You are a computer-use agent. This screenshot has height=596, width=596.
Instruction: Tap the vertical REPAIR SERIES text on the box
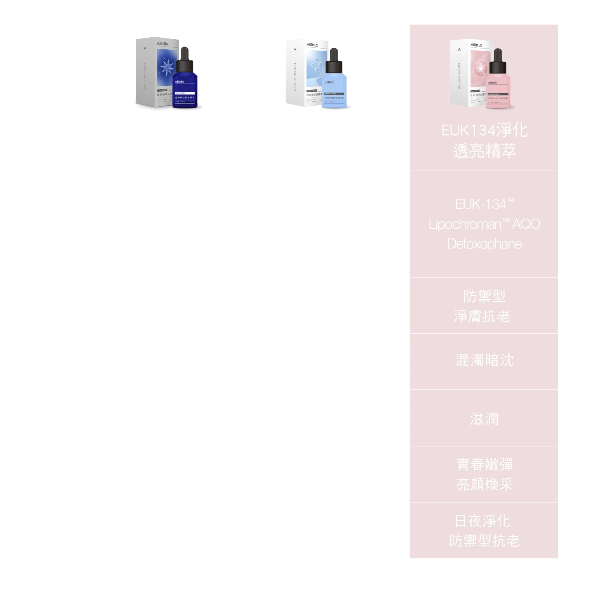tap(295, 77)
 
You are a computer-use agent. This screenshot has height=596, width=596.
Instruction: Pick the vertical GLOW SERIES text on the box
tap(459, 76)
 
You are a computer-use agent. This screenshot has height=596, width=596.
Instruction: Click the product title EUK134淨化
tap(484, 130)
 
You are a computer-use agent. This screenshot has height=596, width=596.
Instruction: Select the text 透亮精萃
tap(484, 151)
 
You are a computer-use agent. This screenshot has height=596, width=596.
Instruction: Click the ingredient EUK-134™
tap(484, 204)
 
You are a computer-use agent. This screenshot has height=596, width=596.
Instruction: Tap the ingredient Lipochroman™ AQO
tap(484, 224)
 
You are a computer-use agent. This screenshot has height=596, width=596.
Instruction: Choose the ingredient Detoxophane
tap(484, 244)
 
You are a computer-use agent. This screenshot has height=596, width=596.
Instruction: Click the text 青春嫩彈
tap(484, 465)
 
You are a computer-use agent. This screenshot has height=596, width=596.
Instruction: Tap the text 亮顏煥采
tap(484, 485)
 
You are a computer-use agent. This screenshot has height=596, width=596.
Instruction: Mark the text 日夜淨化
tap(483, 521)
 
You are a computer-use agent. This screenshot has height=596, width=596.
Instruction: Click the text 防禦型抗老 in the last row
tap(484, 541)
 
